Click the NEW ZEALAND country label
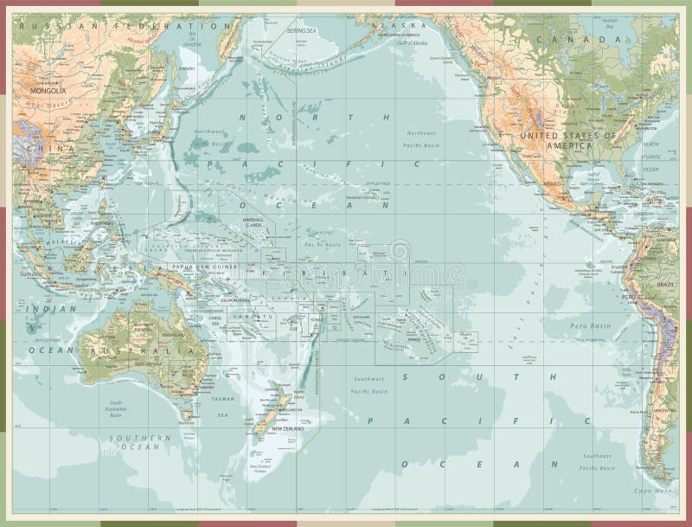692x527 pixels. tap(289, 429)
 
